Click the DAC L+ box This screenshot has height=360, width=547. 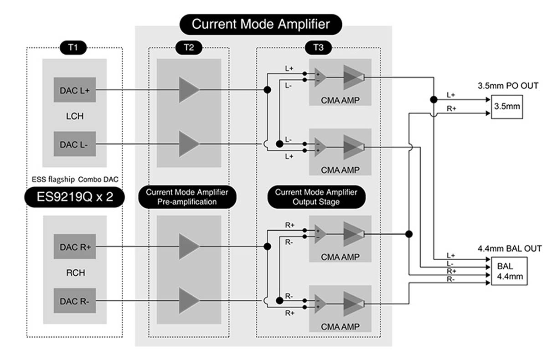click(x=75, y=90)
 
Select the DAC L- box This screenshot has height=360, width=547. click(x=75, y=144)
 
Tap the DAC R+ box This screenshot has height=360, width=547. click(x=75, y=247)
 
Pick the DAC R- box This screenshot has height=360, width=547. click(x=75, y=301)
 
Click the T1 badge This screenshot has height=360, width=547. click(x=73, y=47)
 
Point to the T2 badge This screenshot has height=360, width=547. click(x=189, y=47)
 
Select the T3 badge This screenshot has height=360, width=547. click(x=318, y=47)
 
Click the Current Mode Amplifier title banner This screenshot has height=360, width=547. click(x=261, y=25)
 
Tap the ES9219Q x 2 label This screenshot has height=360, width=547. click(x=74, y=197)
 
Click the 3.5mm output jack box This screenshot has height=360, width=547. click(x=507, y=107)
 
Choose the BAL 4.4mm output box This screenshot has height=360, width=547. click(x=509, y=271)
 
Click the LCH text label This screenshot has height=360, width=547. click(x=75, y=116)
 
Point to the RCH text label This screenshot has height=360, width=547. click(x=76, y=273)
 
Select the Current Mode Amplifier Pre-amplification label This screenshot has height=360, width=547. click(x=187, y=197)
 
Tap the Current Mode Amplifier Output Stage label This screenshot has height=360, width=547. click(x=316, y=197)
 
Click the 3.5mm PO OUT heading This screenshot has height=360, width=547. click(x=508, y=86)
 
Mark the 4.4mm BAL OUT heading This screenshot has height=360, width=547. click(x=510, y=249)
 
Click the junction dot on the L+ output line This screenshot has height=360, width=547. click(x=433, y=100)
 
